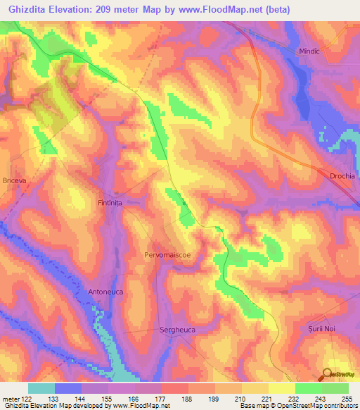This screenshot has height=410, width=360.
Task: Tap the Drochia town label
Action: click(343, 175)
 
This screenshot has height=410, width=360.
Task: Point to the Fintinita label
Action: click(110, 202)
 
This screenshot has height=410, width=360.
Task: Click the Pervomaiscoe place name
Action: click(167, 254)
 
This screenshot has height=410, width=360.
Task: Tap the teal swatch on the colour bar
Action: click(41, 389)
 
